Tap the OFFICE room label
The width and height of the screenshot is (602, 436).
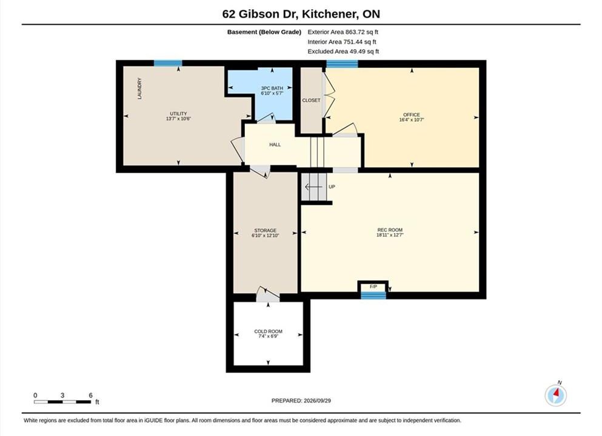(x=411, y=114)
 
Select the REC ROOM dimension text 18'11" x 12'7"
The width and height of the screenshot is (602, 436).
(x=390, y=235)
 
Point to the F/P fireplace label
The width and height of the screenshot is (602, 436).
(x=373, y=286)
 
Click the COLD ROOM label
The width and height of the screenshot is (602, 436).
(x=268, y=331)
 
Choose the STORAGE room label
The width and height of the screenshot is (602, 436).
(x=265, y=231)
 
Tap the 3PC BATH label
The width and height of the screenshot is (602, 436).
(x=272, y=88)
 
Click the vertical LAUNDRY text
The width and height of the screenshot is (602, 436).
(x=139, y=88)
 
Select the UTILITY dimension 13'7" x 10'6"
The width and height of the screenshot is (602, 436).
(x=178, y=119)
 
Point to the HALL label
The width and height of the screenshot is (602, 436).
(x=275, y=145)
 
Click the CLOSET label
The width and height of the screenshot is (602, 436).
(x=311, y=100)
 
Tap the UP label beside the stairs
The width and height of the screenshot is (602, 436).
(x=332, y=187)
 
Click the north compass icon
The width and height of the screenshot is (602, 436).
(x=555, y=395)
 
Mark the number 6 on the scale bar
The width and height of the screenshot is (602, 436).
(x=90, y=395)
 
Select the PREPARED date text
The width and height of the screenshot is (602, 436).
(x=301, y=401)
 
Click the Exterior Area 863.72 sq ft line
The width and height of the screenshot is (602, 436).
(x=343, y=32)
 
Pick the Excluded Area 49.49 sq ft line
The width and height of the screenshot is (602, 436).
(x=343, y=51)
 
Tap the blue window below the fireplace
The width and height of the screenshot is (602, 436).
(x=373, y=296)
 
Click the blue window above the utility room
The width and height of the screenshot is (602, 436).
(x=168, y=63)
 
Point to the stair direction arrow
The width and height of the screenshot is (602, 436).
(x=313, y=187)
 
